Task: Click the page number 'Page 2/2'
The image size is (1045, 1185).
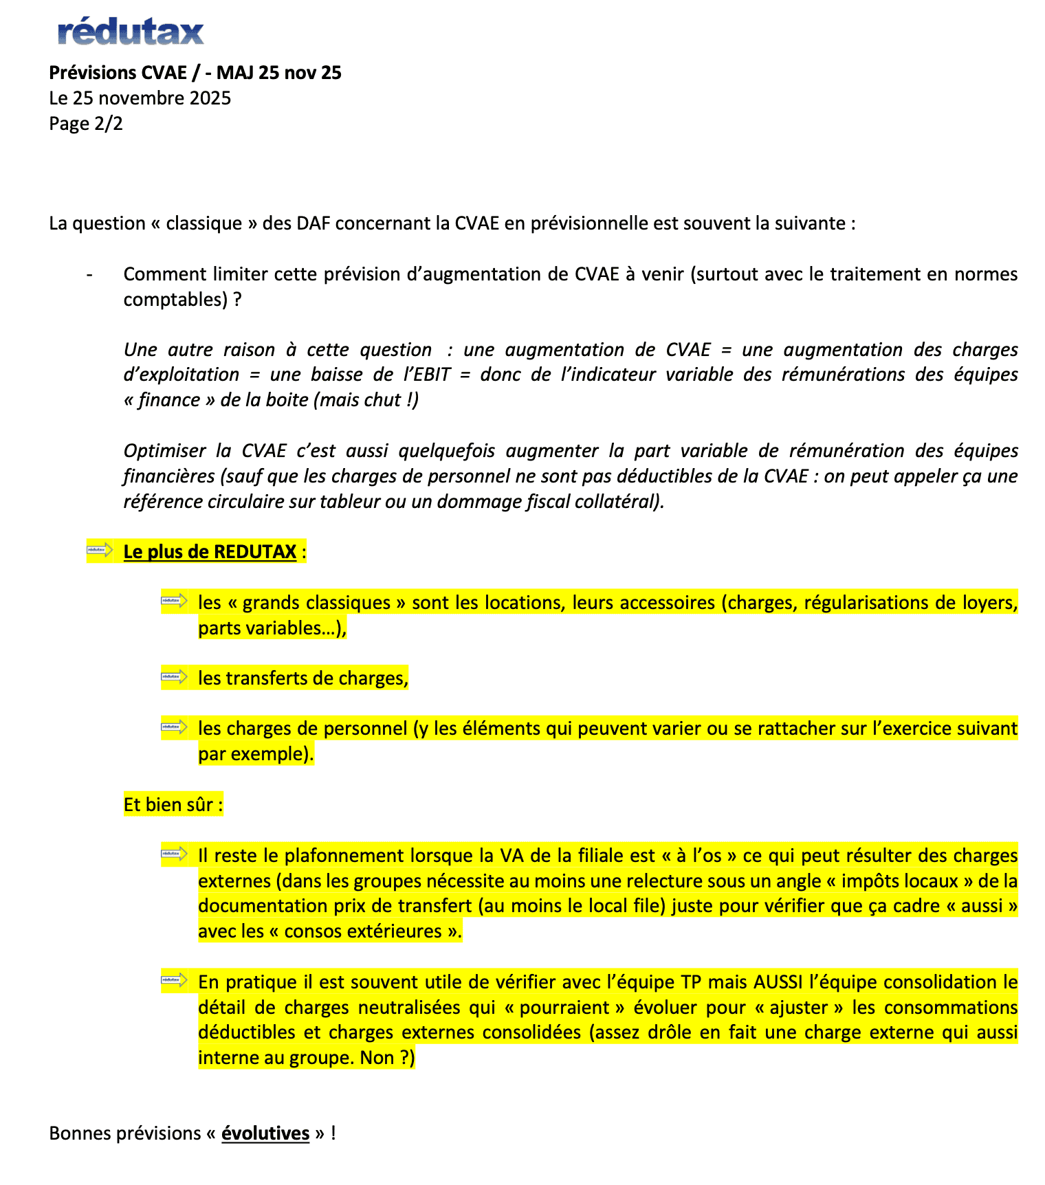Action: click(x=86, y=124)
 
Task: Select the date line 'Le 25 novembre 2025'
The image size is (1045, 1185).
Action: click(x=140, y=98)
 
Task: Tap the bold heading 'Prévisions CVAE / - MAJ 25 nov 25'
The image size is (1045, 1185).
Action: click(x=195, y=73)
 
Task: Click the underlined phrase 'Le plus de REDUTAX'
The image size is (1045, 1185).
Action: click(x=210, y=552)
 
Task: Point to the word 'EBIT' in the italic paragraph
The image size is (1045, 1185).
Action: click(x=431, y=375)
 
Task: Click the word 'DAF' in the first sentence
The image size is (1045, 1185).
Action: click(x=313, y=223)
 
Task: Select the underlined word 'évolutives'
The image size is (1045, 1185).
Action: click(x=265, y=1133)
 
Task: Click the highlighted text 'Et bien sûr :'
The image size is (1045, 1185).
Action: click(x=173, y=805)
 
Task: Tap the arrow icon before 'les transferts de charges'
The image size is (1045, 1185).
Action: click(x=175, y=677)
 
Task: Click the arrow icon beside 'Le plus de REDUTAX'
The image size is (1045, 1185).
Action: click(x=100, y=550)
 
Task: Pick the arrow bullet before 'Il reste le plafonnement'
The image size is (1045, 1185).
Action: click(x=175, y=854)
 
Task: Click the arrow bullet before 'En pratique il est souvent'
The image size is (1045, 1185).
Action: click(x=175, y=980)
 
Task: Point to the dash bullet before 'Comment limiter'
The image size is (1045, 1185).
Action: click(x=89, y=275)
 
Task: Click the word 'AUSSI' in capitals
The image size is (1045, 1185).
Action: click(x=778, y=982)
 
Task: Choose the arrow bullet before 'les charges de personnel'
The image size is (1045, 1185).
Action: click(x=175, y=727)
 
